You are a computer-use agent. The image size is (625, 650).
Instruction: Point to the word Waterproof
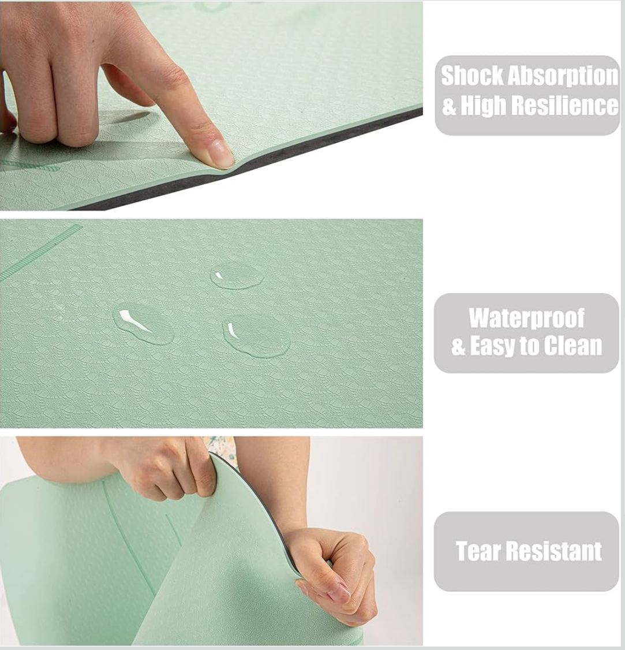pos(526,319)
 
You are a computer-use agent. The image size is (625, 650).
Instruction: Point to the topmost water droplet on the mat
pos(237,274)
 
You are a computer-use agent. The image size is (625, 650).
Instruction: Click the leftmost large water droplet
pos(143,324)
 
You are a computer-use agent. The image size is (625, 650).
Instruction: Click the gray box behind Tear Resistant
pos(526,551)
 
